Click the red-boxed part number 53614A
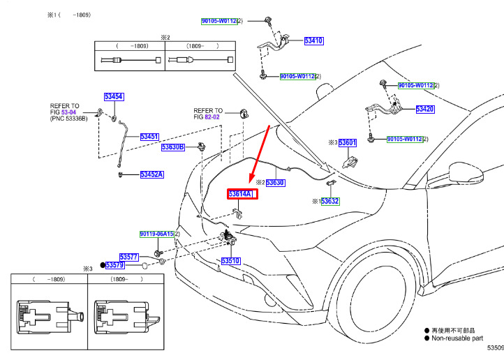(243, 195)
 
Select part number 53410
(313, 41)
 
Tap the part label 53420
(425, 109)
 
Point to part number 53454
(114, 96)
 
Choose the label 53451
(149, 137)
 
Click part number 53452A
(151, 174)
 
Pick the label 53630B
(173, 147)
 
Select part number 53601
(348, 143)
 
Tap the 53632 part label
(330, 201)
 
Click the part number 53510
(231, 261)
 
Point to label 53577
(129, 257)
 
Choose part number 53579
(114, 265)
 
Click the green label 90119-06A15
(156, 234)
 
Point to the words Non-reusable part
(457, 338)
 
